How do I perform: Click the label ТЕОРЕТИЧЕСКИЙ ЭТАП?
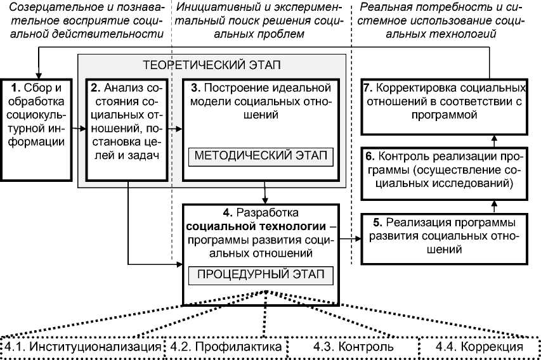pos(212,65)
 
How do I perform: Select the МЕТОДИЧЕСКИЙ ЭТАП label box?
pos(260,156)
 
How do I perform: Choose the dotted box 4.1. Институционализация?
pos(82,347)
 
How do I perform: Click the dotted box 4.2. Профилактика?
pos(226,347)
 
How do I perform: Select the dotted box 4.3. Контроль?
pos(353,347)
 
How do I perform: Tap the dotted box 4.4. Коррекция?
pos(479,347)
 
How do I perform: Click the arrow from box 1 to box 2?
pos(78,128)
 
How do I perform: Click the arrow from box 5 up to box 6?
pos(495,204)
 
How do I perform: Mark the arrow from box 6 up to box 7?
pos(495,138)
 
